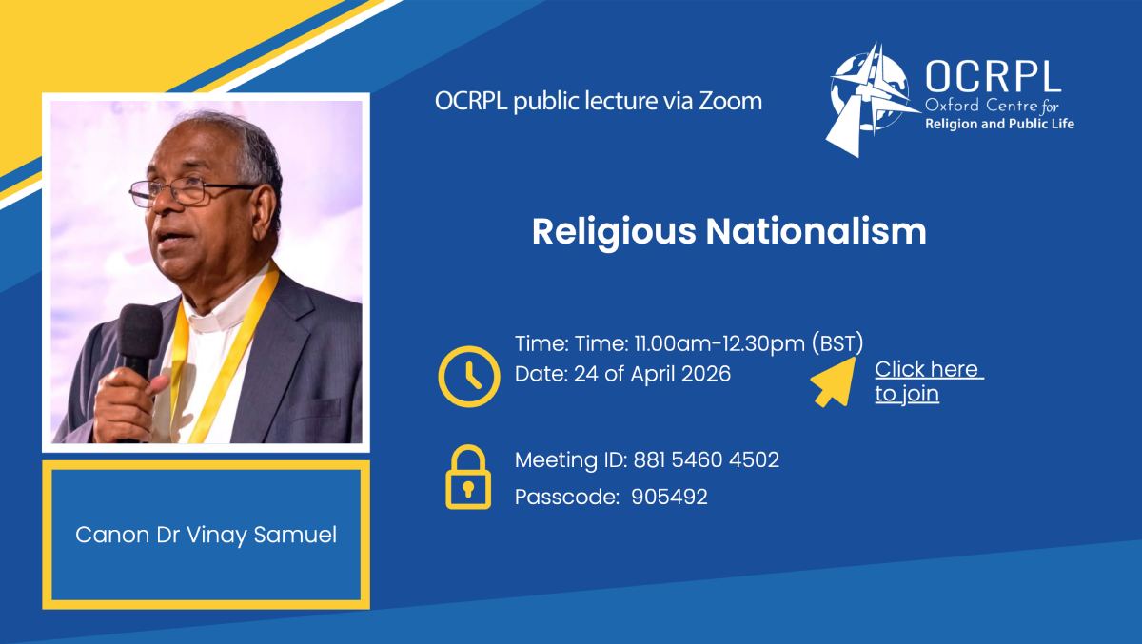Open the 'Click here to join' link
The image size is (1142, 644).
coord(929,381)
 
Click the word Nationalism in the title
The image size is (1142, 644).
coord(816,232)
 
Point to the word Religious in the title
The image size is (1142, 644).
coord(614,233)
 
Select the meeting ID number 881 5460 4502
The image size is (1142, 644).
coord(706,460)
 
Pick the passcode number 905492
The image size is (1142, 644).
coord(669,497)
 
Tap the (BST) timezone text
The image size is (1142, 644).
coord(837,342)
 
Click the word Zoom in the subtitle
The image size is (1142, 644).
coord(730,102)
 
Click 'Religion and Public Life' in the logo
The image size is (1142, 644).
coord(1000,124)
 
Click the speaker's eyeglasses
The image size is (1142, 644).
coord(192,192)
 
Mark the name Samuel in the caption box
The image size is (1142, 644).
coord(295,535)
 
